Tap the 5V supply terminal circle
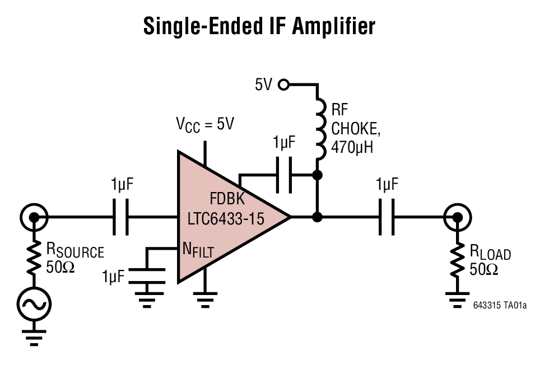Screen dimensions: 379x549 (284, 85)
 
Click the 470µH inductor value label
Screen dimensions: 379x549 (352, 148)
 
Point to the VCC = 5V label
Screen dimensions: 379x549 (205, 125)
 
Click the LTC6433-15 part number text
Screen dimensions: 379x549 (226, 218)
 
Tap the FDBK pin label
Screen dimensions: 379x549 (227, 199)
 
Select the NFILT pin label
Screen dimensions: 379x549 (198, 251)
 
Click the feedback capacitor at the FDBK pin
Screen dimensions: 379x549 (285, 175)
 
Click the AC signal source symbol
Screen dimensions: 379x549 (34, 305)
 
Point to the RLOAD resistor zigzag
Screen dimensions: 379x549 (458, 259)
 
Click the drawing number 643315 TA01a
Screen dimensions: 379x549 (500, 306)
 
